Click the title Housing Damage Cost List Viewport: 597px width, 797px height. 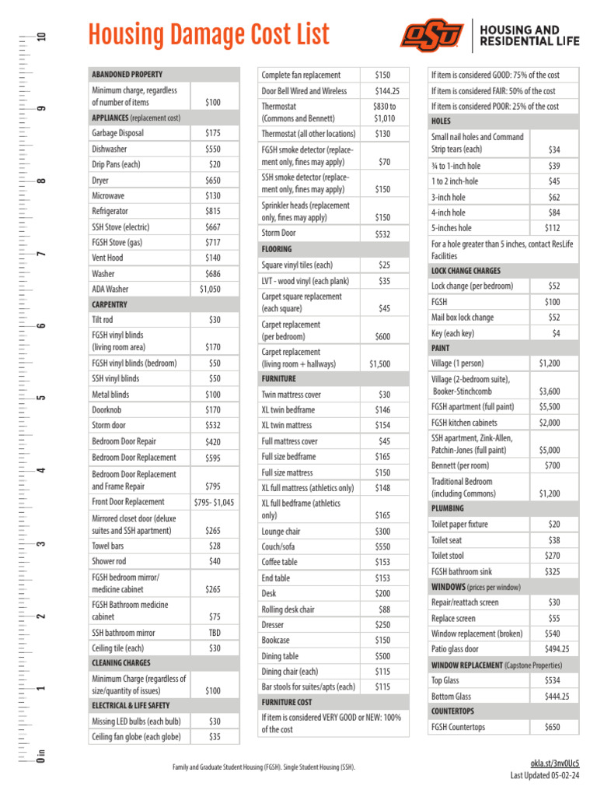pyautogui.click(x=208, y=35)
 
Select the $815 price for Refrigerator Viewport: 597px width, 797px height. pyautogui.click(x=212, y=211)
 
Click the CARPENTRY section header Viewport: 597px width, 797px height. pyautogui.click(x=110, y=304)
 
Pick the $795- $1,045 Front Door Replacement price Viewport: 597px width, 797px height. pyautogui.click(x=212, y=502)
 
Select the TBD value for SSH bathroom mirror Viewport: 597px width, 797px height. pyautogui.click(x=214, y=633)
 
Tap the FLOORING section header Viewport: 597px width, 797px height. pyautogui.click(x=278, y=249)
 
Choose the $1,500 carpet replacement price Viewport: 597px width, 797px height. pyautogui.click(x=380, y=363)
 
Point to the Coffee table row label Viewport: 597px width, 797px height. pyautogui.click(x=279, y=562)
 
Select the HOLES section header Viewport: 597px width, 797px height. pyautogui.click(x=441, y=121)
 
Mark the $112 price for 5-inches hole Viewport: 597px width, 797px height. pyautogui.click(x=552, y=228)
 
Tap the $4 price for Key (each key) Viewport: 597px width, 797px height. pyautogui.click(x=556, y=333)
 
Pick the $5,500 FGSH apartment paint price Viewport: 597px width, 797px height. pyautogui.click(x=549, y=406)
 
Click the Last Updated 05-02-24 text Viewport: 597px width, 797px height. pyautogui.click(x=544, y=775)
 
